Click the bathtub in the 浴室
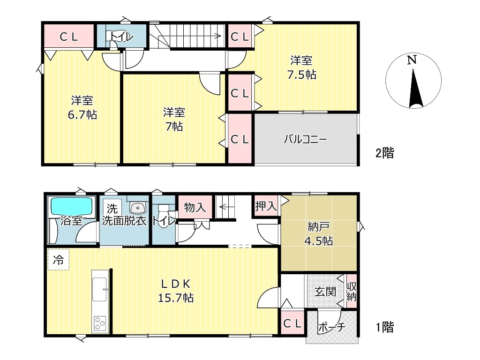71,206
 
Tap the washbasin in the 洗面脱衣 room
138,208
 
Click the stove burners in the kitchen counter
100,323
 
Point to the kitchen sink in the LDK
100,289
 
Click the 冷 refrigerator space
59,260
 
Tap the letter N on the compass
412,60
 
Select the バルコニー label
305,139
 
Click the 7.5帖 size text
301,75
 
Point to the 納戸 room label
318,227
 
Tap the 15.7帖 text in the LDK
176,298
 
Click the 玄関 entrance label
325,292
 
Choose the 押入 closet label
266,206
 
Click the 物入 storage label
195,207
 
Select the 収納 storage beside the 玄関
352,292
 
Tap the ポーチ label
332,327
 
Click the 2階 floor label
385,153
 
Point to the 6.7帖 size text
82,115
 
